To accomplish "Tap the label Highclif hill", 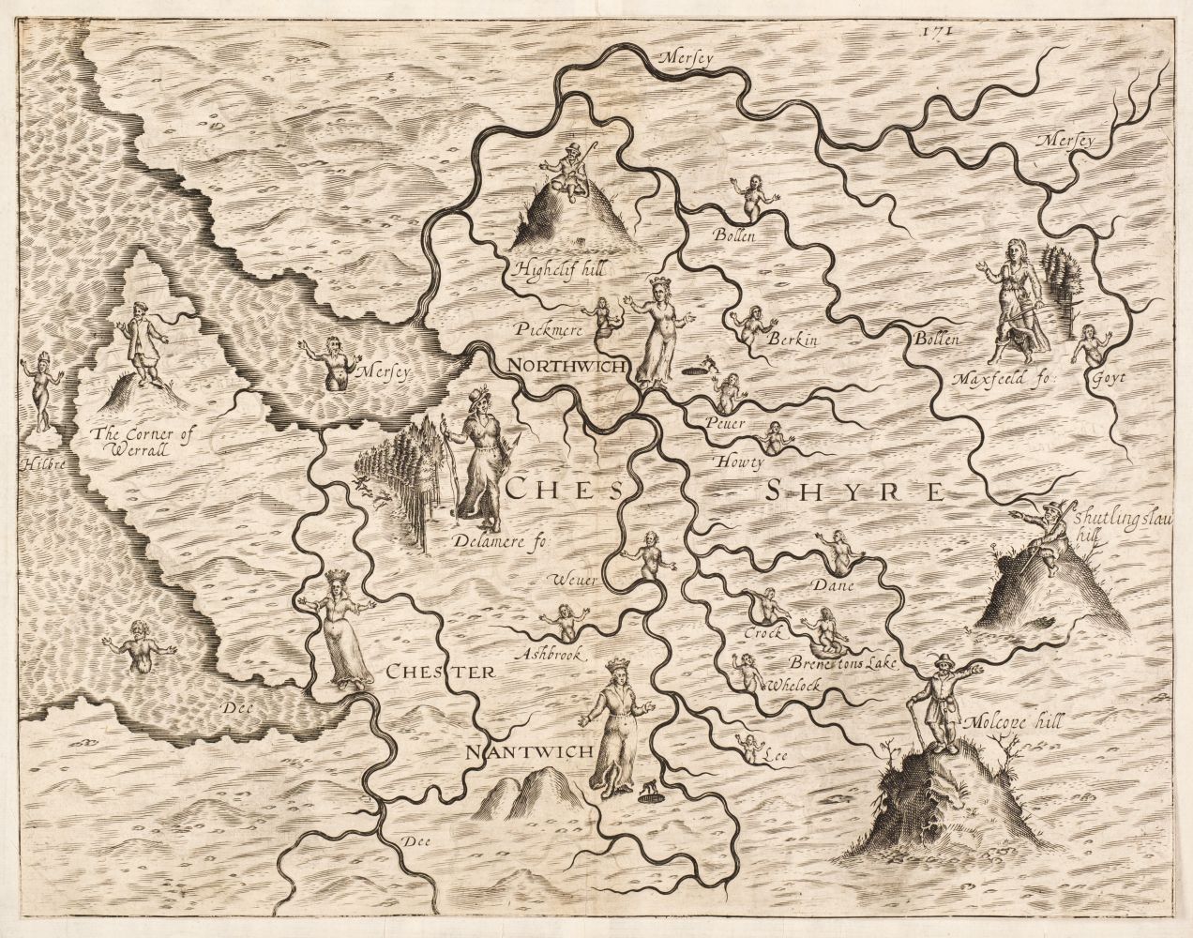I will click(x=557, y=270).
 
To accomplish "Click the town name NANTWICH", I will click(x=530, y=752).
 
